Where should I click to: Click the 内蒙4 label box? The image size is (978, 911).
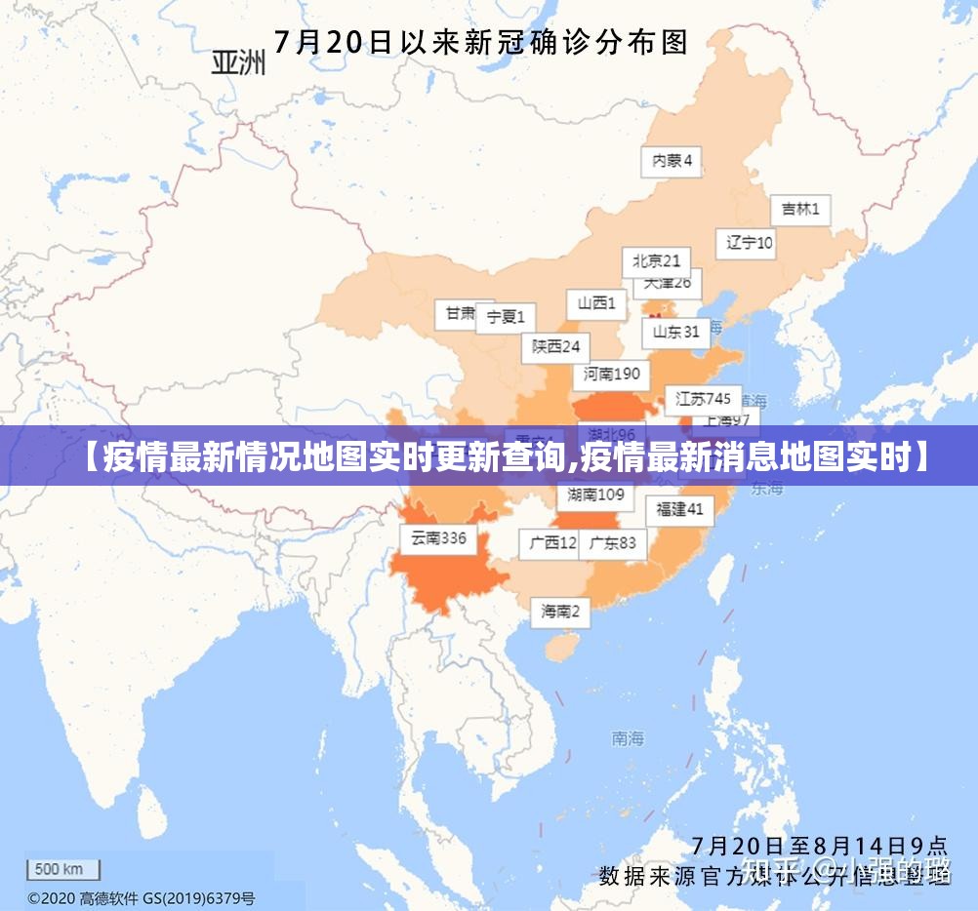(672, 161)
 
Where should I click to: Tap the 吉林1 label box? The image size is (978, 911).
(800, 210)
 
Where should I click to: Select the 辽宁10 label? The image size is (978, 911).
(749, 243)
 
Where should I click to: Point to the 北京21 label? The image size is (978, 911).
(656, 261)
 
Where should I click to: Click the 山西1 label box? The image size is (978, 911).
(596, 303)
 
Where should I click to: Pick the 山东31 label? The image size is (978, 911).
(675, 332)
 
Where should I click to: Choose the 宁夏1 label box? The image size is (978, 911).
(506, 317)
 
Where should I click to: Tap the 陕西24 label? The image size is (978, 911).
(555, 346)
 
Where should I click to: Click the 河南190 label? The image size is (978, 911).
(612, 374)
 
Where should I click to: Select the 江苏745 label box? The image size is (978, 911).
(703, 399)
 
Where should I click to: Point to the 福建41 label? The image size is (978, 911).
(679, 509)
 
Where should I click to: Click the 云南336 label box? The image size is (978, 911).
(438, 538)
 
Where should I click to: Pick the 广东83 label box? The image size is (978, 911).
(613, 543)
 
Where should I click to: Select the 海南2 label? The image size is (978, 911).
(560, 612)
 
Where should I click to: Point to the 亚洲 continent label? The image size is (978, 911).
(238, 63)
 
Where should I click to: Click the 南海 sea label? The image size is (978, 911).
(628, 738)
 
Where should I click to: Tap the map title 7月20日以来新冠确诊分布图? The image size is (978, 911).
(480, 42)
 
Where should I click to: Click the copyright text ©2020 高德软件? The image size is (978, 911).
(142, 898)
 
